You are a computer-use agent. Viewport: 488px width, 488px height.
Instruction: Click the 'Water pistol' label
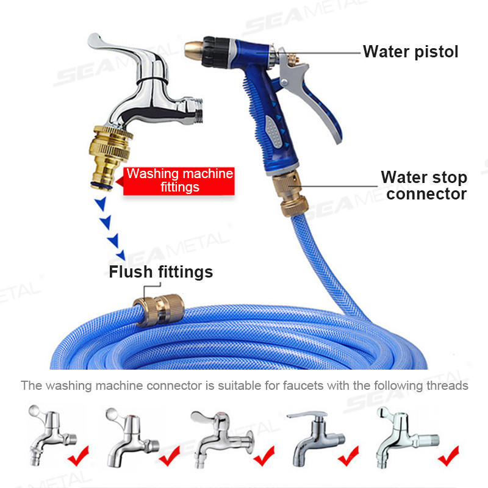tap(411, 52)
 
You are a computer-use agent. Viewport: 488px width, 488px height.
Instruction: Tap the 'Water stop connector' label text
tap(425, 185)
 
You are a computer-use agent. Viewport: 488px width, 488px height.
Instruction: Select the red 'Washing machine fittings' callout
tap(179, 181)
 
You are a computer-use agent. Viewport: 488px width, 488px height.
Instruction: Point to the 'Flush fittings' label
tap(161, 271)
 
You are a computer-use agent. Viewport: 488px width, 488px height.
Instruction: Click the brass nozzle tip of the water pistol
tap(193, 50)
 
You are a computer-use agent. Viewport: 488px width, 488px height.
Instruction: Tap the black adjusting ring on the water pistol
tap(215, 52)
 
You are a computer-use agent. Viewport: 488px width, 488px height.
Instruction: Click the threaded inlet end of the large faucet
tap(196, 110)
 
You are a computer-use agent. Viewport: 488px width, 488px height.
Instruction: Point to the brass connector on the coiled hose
tap(159, 310)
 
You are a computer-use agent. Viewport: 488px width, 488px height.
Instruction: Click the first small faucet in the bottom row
tap(51, 435)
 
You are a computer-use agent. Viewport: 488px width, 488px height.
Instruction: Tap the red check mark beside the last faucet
tap(448, 456)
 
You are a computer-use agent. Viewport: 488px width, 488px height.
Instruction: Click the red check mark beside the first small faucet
tap(79, 456)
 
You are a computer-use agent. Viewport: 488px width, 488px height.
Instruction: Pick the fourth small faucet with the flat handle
tap(315, 438)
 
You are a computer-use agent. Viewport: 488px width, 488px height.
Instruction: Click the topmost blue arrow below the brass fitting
tap(101, 204)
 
